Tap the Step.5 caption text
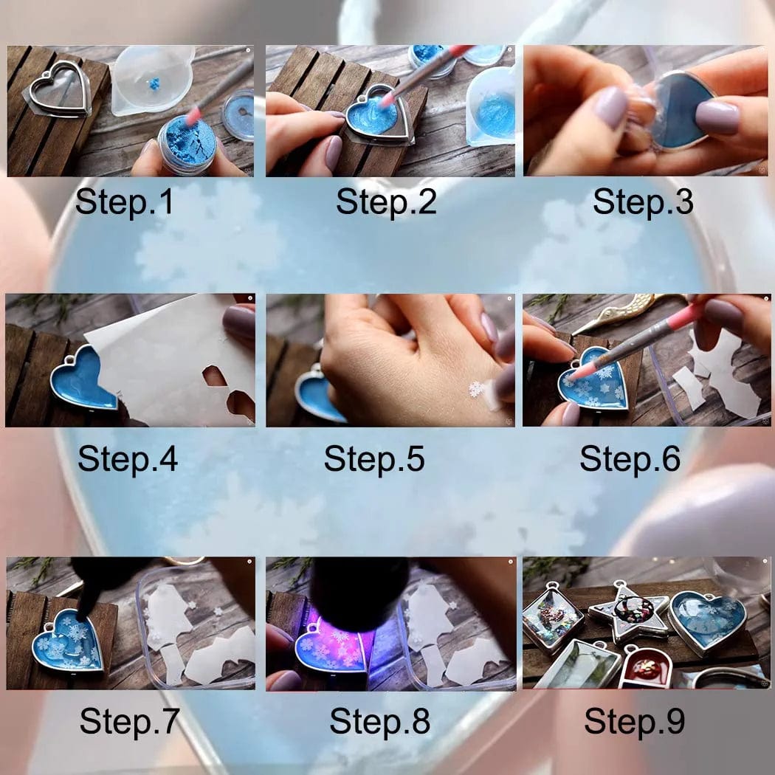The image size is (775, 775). click(x=374, y=458)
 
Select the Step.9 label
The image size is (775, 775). click(x=634, y=721)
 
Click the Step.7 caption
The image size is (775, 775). click(x=129, y=721)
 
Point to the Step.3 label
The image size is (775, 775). click(x=643, y=202)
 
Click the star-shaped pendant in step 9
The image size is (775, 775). click(x=630, y=613)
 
